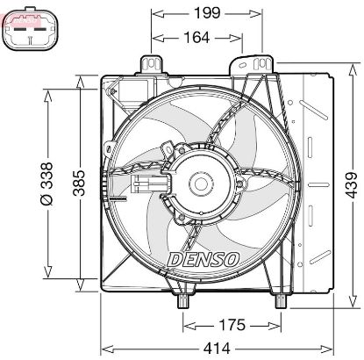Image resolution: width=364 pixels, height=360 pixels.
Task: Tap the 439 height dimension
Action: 349,185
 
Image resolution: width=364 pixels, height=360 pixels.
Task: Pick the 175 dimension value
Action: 231,325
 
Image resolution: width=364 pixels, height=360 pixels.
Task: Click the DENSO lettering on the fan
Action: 201,258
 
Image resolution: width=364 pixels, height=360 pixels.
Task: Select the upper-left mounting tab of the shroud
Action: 152,66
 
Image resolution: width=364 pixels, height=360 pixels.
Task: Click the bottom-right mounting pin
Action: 282,301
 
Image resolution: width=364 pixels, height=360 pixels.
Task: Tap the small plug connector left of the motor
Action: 148,184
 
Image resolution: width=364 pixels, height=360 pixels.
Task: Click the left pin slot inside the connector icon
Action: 23,38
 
